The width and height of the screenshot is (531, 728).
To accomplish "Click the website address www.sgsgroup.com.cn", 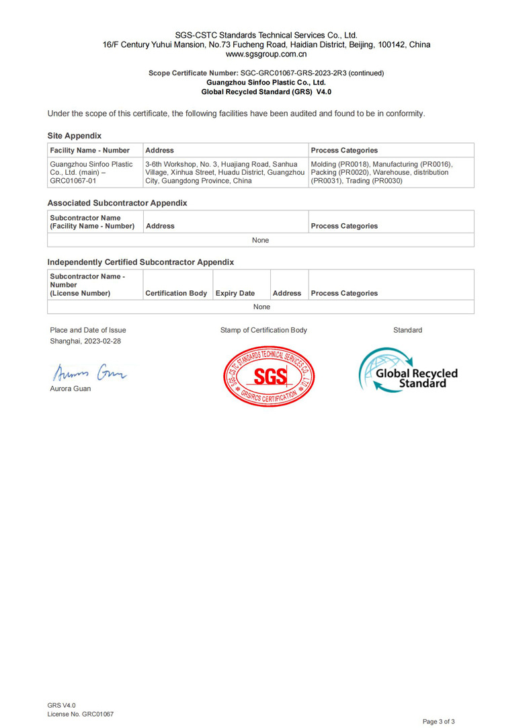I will click(x=266, y=54).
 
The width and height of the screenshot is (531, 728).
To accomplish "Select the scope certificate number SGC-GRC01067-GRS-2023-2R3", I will click(x=293, y=73).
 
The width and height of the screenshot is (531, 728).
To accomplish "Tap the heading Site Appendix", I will click(x=74, y=136).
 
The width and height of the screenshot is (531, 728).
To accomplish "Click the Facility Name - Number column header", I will click(x=90, y=151).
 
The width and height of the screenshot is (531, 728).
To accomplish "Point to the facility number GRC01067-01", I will click(x=73, y=181).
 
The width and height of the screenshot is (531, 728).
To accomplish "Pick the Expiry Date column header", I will click(x=235, y=293).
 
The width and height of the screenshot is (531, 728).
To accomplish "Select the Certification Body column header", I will click(x=176, y=293).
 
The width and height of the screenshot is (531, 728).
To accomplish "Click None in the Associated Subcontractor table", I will click(x=260, y=240).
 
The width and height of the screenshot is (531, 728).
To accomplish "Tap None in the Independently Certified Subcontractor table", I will click(x=261, y=307).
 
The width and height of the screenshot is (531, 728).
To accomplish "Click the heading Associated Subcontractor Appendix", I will click(x=117, y=203).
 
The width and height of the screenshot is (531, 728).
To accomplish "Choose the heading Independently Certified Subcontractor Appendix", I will click(x=140, y=262).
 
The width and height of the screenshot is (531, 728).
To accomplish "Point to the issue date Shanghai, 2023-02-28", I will click(x=85, y=341).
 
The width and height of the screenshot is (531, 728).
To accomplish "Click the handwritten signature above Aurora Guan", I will click(x=88, y=370).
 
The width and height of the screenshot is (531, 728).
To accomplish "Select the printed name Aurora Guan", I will click(x=71, y=389).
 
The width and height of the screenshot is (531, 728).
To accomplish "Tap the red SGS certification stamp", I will click(x=269, y=375).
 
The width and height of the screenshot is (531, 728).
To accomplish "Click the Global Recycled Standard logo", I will click(x=408, y=370).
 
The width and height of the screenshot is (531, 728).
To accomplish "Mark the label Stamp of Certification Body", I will click(x=263, y=330).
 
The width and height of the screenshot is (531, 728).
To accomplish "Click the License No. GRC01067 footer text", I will click(x=80, y=714).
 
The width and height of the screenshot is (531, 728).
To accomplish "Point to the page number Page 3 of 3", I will click(x=438, y=721).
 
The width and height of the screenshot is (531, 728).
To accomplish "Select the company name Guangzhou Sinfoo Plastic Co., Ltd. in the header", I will click(x=266, y=82).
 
